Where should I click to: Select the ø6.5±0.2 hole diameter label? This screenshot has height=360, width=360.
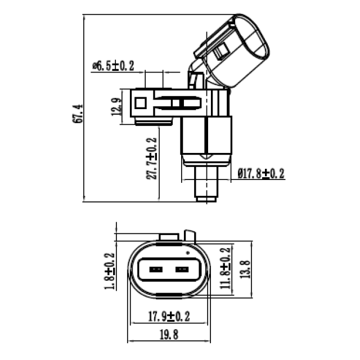pos(113,66)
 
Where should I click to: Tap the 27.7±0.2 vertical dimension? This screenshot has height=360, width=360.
pos(151,159)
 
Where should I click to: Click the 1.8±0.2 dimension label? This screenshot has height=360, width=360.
pos(110,272)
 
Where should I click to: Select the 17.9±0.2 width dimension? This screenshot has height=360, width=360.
pos(169,317)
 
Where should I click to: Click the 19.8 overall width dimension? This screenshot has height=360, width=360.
pos(169,335)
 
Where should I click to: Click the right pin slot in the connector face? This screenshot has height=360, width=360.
pos(182,270)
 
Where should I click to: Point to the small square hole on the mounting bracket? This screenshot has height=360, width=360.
pos(141,103)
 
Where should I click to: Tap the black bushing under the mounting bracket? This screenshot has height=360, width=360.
pos(154,121)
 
